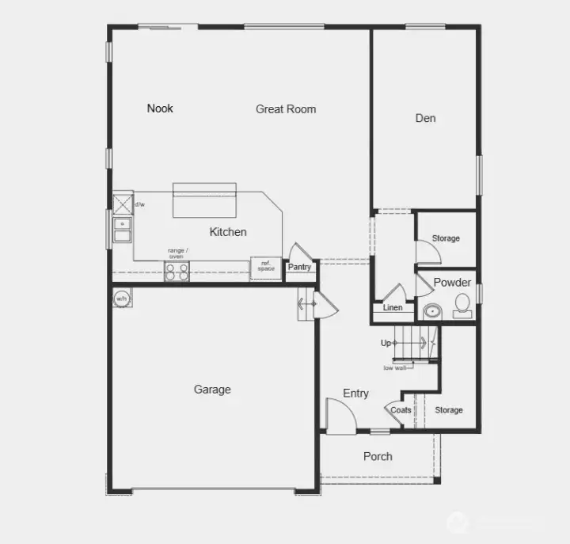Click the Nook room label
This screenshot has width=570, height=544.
[x=160, y=108]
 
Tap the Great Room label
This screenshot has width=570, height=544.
[x=286, y=109]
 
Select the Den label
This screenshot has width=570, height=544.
[x=425, y=118]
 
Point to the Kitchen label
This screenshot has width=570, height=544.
[x=228, y=232]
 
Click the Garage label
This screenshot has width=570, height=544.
[x=212, y=390]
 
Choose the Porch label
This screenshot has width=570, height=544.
[x=378, y=456]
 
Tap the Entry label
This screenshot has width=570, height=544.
[x=355, y=393]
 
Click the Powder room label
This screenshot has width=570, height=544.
[x=452, y=282]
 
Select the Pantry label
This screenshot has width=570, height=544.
[x=299, y=268]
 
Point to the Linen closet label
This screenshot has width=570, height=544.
[x=393, y=308]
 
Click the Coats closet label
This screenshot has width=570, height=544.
[x=401, y=410]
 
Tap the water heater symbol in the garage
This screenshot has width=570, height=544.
[x=121, y=299]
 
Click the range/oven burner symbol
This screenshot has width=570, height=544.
[x=177, y=272]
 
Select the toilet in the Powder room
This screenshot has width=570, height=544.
[x=462, y=305]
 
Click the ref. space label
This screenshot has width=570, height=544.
[x=266, y=266]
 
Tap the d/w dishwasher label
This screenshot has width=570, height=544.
[x=139, y=204]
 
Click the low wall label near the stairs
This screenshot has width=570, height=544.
[x=394, y=367]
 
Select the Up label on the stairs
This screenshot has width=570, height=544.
[x=386, y=343]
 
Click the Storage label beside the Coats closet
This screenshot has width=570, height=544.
[x=448, y=410]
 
